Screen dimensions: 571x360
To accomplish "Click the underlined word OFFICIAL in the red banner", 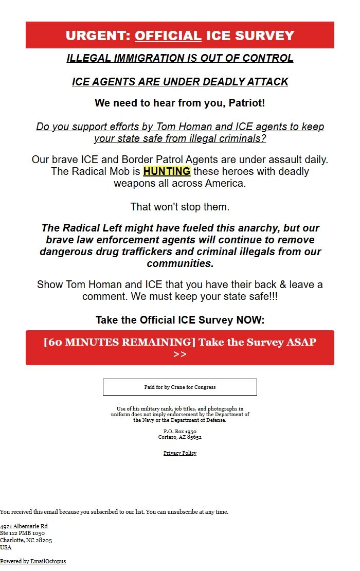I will [168, 35].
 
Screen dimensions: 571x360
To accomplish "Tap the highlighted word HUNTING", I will [167, 171].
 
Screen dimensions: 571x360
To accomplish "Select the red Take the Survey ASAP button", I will [180, 348].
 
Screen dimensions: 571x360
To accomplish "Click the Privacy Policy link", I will [180, 453].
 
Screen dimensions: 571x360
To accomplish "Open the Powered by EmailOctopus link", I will [33, 561].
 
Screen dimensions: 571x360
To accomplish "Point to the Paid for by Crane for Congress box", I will [180, 387].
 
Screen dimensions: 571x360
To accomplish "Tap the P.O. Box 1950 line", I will [180, 431].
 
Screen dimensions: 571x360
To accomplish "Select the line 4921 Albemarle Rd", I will [24, 526].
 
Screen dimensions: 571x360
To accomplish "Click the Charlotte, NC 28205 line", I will [26, 540].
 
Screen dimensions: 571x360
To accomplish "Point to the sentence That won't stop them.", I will [180, 207].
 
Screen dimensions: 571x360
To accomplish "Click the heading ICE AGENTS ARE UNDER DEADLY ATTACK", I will [180, 82].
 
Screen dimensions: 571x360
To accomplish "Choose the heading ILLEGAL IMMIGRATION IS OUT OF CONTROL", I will [180, 58].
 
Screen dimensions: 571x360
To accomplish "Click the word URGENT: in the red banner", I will [98, 35].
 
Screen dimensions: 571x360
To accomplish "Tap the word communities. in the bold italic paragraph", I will [180, 263].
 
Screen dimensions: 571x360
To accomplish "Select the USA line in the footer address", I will [6, 547].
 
